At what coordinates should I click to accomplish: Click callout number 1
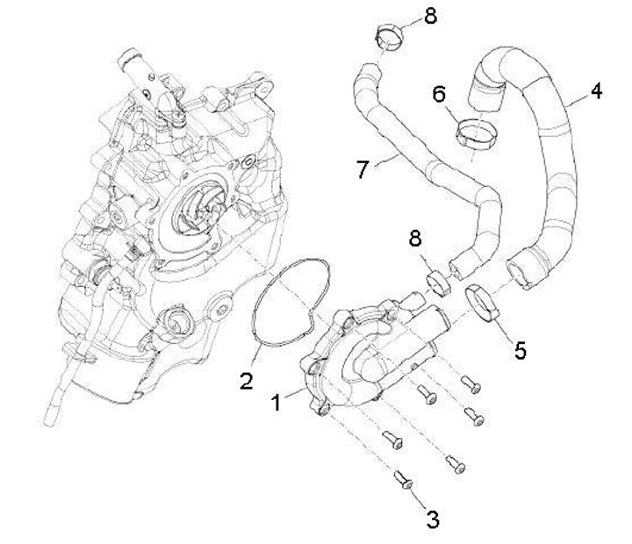(x=277, y=404)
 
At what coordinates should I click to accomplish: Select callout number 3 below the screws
(x=432, y=519)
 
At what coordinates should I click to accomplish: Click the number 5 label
(x=521, y=351)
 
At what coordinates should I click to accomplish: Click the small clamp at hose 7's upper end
(x=384, y=39)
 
